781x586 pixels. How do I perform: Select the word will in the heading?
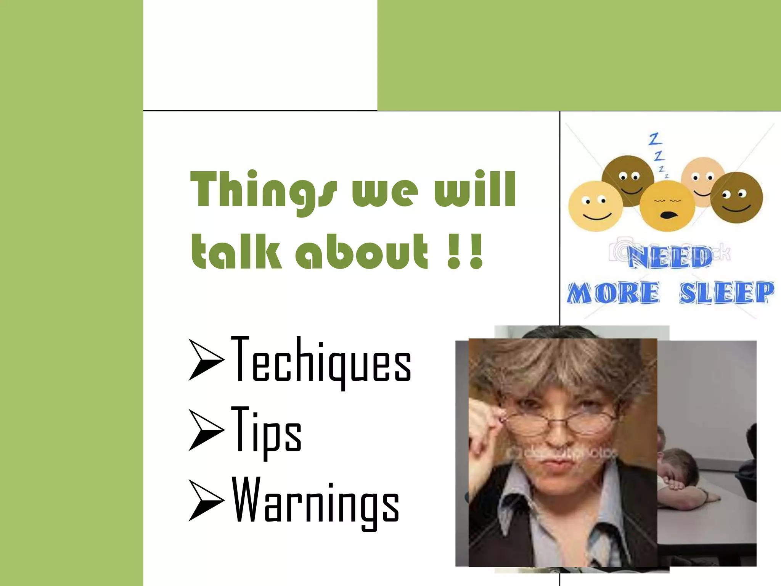[x=475, y=190]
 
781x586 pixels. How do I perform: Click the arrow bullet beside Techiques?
[x=206, y=361]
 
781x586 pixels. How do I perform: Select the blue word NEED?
[x=670, y=256]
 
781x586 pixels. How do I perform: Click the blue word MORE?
[x=613, y=293]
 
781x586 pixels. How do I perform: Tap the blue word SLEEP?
[x=726, y=293]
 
